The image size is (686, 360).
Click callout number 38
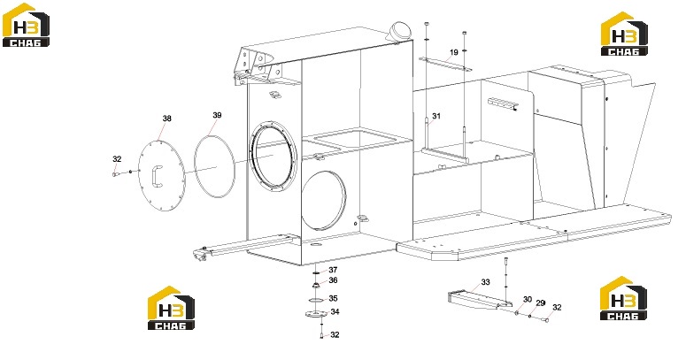[166, 119]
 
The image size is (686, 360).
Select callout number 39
[217, 116]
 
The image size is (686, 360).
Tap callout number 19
[454, 52]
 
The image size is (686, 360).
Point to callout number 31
[436, 117]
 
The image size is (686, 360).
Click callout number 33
[486, 282]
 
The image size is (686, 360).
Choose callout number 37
[333, 270]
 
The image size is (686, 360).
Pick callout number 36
[333, 280]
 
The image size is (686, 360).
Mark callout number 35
[333, 298]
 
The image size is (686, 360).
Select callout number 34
[335, 312]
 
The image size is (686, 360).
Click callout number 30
[528, 300]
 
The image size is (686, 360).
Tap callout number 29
[540, 303]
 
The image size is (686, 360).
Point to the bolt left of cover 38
[115, 174]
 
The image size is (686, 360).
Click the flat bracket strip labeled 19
[445, 64]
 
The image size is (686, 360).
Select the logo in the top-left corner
[26, 25]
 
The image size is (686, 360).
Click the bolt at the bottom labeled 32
[321, 335]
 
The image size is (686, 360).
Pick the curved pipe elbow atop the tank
[401, 32]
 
